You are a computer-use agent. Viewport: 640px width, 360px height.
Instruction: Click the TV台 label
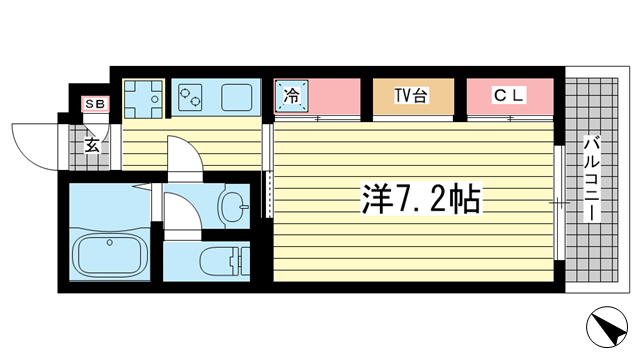tap(411, 96)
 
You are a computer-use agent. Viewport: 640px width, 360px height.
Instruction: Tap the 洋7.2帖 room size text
tap(420, 200)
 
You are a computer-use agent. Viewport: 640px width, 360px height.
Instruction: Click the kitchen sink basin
tap(237, 98)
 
